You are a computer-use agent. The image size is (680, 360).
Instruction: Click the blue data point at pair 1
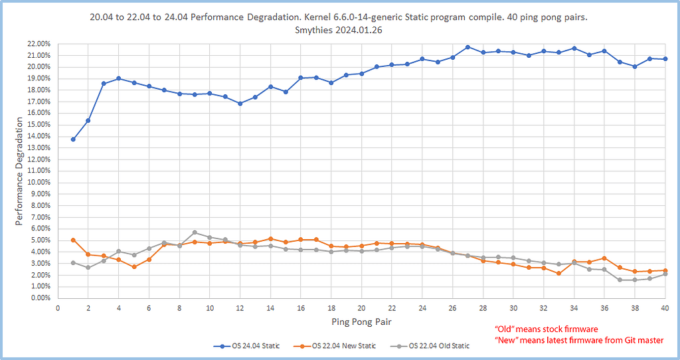pos(73,139)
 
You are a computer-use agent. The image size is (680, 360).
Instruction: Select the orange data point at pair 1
pos(73,240)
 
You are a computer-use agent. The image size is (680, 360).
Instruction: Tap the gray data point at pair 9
pos(195,232)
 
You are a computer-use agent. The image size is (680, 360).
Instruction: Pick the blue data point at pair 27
pos(467,47)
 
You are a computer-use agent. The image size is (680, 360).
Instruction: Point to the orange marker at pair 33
pos(558,273)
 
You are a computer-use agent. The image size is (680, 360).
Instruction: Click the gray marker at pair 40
pos(665,274)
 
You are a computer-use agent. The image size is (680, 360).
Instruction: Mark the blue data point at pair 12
pos(240,104)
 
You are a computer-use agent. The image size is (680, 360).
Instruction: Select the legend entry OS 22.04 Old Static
pos(434,346)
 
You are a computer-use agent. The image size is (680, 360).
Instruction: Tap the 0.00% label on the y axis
pos(42,298)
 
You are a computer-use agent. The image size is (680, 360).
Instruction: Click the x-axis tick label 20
pos(361,308)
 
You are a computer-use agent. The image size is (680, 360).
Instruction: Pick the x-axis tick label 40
pos(665,308)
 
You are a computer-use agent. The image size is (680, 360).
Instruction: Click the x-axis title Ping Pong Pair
pos(361,322)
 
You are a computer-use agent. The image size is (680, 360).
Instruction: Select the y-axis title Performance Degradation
pos(20,171)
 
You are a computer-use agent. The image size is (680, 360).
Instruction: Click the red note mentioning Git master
pos(579,340)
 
